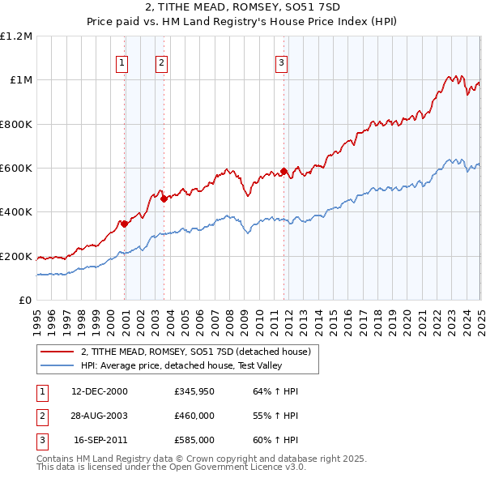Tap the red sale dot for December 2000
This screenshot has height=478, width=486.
pos(124,224)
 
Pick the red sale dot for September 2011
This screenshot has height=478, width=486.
pos(283,171)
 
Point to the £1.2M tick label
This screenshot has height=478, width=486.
pos(16,36)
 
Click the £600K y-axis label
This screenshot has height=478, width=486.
pos(16,169)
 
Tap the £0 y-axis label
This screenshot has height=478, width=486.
pos(26,301)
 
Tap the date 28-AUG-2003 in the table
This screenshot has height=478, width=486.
pos(100,416)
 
